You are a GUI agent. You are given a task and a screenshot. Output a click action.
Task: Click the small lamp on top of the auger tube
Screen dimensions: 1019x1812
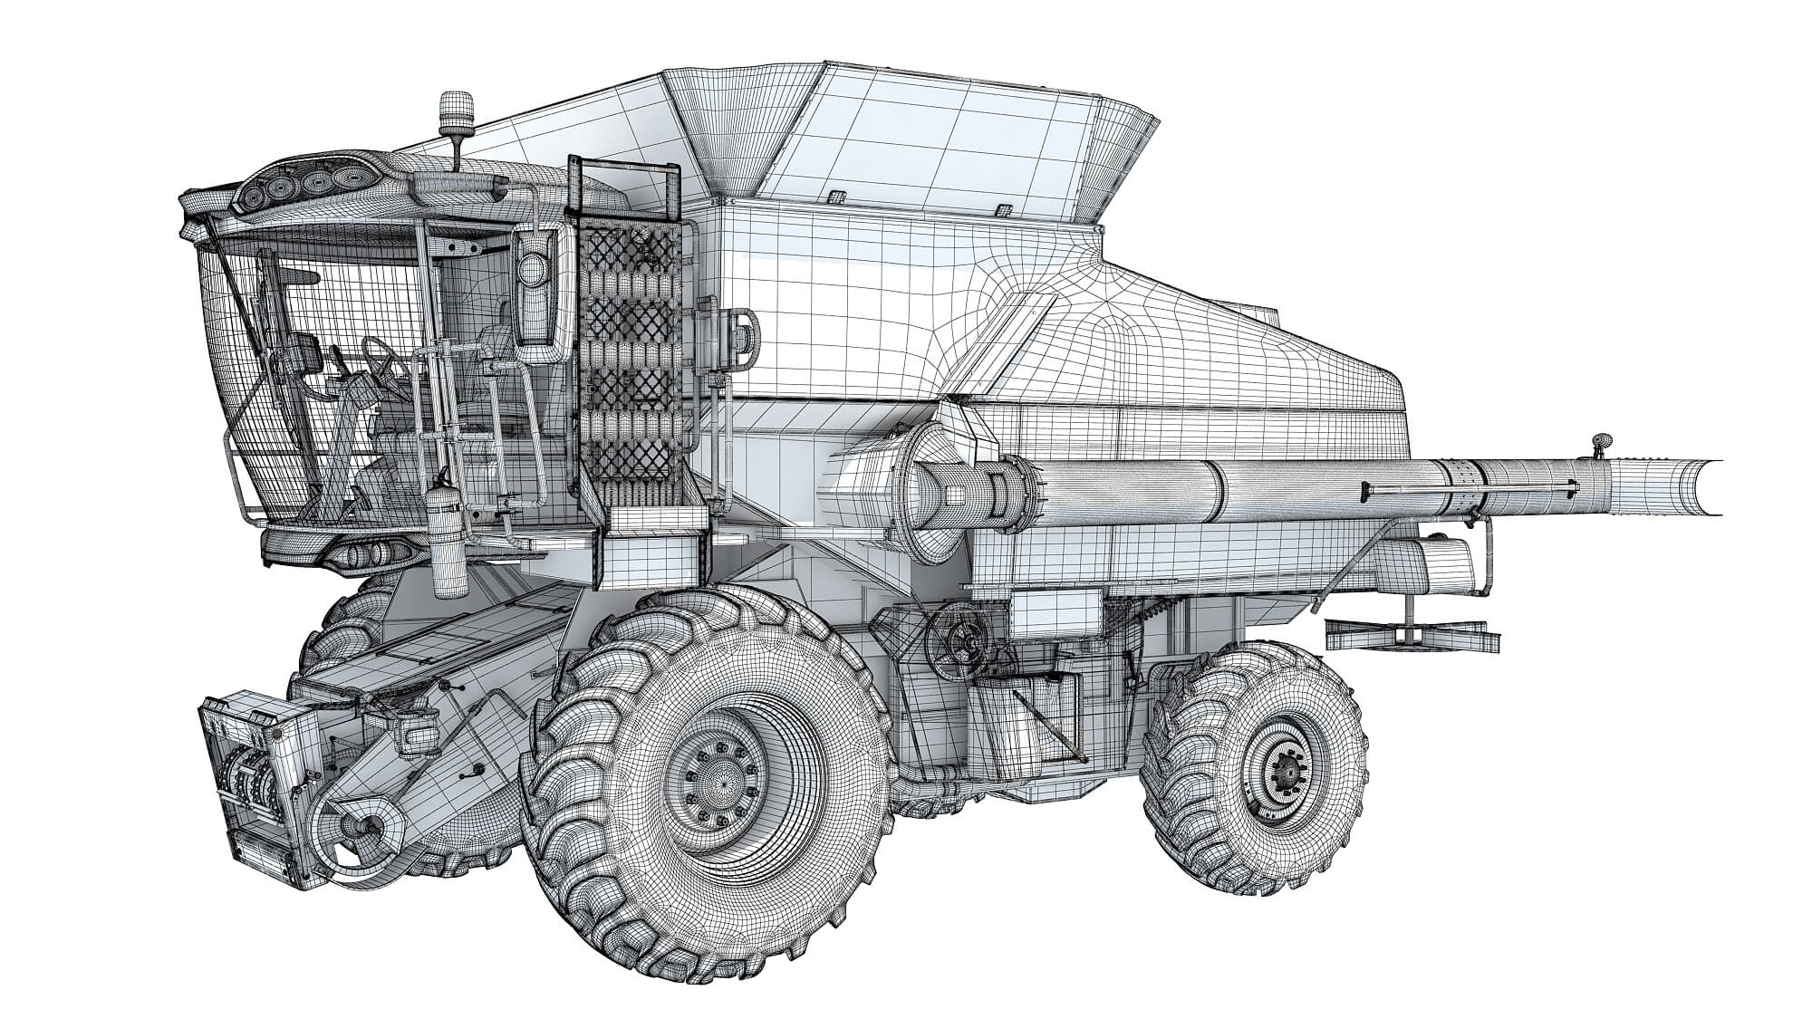pyautogui.click(x=1602, y=444)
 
